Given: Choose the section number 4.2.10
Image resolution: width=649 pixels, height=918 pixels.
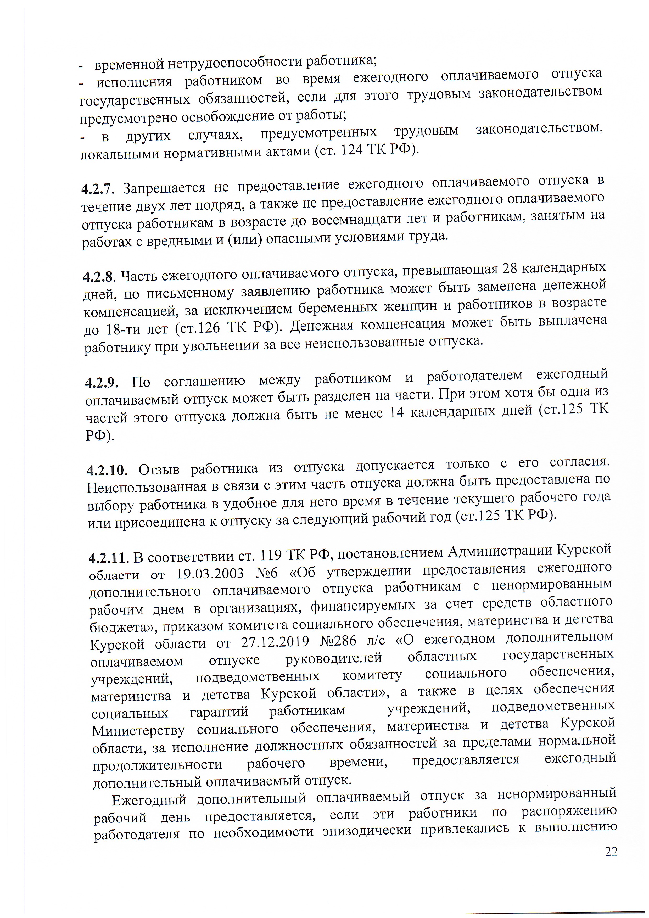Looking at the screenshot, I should pyautogui.click(x=106, y=471).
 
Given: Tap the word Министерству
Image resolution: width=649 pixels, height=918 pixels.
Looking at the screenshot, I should pyautogui.click(x=138, y=730).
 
